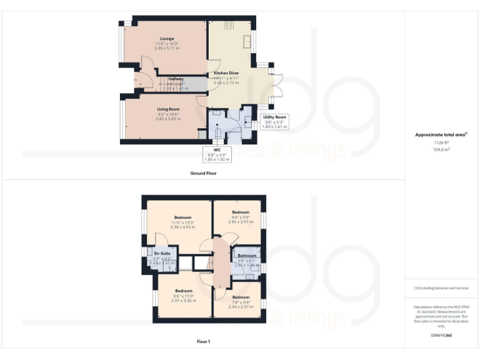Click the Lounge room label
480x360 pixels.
click(167, 39)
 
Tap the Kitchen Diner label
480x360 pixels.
click(226, 73)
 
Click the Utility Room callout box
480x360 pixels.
click(274, 121)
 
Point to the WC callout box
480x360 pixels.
click(217, 154)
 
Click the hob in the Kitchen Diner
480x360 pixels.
click(229, 26)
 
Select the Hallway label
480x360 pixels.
click(176, 79)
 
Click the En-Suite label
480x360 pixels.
click(162, 253)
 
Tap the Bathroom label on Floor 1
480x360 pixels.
click(247, 256)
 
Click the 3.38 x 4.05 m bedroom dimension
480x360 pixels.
click(183, 227)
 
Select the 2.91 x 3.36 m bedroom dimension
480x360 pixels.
click(183, 301)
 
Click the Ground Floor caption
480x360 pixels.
click(202, 172)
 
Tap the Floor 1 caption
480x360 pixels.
click(202, 342)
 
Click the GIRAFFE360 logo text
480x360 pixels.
click(441, 336)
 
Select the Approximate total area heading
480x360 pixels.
click(441, 135)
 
